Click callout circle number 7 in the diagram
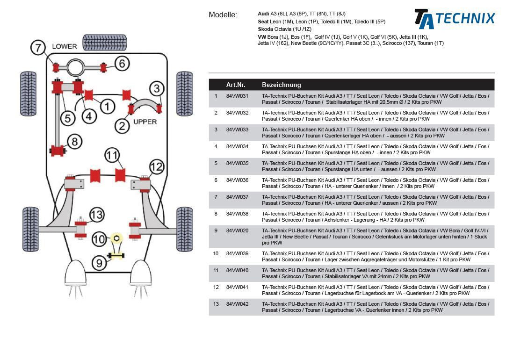[38, 47]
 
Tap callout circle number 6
[122, 63]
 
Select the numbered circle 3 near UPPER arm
[157, 88]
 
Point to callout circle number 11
[112, 155]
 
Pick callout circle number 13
[96, 215]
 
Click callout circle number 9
[99, 263]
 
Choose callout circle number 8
[74, 141]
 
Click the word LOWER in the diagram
[65, 46]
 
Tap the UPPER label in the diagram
[145, 122]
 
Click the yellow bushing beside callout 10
[116, 238]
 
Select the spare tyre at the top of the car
[105, 43]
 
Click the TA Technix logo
[454, 19]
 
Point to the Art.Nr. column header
[236, 85]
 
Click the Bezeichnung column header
[282, 85]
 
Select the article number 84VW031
[237, 96]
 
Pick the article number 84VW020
[237, 231]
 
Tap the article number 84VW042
[237, 304]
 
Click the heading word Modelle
[223, 15]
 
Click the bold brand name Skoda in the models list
[265, 29]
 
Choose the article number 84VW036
[237, 180]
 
